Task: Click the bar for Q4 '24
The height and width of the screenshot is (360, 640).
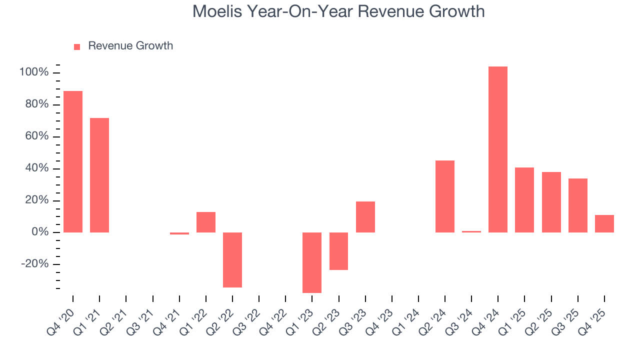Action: (497, 149)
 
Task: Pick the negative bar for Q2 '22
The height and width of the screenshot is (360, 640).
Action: (232, 260)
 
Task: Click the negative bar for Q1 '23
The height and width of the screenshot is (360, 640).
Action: (312, 262)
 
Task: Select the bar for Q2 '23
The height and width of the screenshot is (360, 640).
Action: (338, 251)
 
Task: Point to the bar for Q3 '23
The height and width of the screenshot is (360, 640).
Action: (365, 217)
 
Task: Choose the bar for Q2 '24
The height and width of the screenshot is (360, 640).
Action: (444, 196)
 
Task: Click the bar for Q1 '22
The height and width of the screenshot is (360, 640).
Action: (206, 222)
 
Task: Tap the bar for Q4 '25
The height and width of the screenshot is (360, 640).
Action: (604, 223)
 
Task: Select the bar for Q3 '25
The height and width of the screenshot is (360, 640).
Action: (577, 205)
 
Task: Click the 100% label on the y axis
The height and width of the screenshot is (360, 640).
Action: (34, 72)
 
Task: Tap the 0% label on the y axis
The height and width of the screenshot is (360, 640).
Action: (40, 232)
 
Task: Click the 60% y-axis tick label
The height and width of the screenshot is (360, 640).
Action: (37, 136)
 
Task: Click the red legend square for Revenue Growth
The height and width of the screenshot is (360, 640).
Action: (77, 46)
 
